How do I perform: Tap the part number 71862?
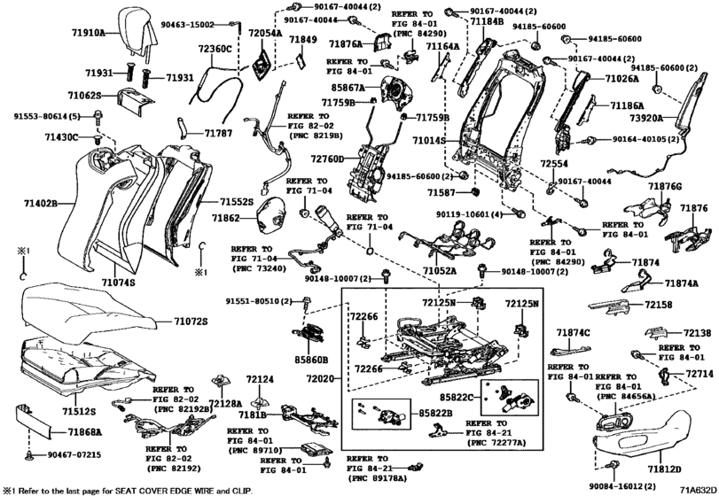(x=226, y=217)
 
